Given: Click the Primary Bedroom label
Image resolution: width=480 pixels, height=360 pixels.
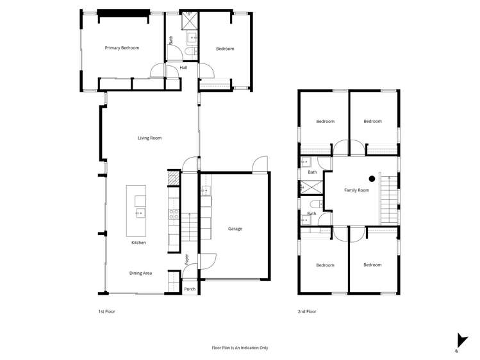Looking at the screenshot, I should [x=122, y=48].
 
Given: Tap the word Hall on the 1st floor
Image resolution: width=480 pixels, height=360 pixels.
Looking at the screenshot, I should [x=183, y=67].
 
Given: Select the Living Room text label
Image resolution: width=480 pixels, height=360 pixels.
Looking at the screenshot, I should [x=149, y=138].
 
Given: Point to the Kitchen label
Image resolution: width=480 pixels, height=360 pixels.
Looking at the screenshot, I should [x=138, y=243].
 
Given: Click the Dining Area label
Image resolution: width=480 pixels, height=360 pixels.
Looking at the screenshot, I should [x=140, y=274].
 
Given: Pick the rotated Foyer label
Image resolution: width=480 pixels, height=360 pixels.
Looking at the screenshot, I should [x=187, y=259].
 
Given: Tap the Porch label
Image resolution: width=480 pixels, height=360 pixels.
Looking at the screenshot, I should [x=190, y=290].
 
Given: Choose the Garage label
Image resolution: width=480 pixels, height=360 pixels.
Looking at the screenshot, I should [x=235, y=229].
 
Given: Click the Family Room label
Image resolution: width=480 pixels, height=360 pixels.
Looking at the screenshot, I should [x=356, y=190].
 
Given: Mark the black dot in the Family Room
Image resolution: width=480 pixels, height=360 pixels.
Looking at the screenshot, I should [x=371, y=179].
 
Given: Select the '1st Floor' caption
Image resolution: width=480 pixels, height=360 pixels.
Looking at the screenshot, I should [x=106, y=311].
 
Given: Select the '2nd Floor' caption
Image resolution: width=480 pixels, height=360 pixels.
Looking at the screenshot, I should [x=306, y=311].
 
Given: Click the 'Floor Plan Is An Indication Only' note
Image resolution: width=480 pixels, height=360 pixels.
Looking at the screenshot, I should [x=240, y=348].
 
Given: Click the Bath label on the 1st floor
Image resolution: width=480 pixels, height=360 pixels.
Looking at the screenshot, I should [x=171, y=39].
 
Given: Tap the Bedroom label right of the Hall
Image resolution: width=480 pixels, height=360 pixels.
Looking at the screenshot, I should [x=225, y=49].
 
